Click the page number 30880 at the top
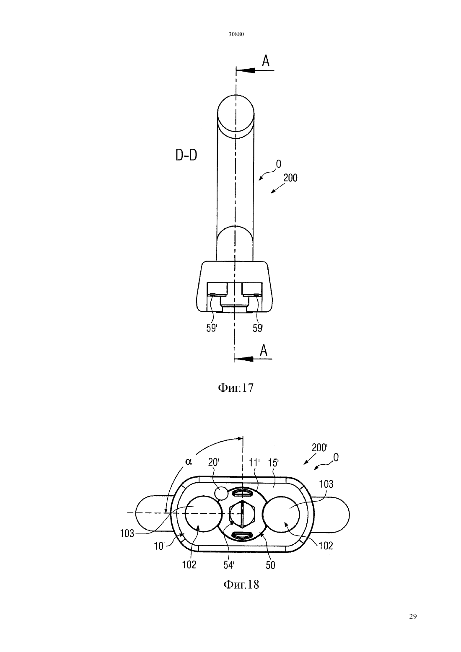236,34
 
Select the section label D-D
186,155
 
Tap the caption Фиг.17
236,388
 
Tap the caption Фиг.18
241,584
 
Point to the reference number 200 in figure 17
290,178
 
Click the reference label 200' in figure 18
319,455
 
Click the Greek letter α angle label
189,462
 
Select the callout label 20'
214,463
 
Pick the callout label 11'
254,463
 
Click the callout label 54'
229,565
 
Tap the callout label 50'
271,565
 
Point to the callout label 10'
159,546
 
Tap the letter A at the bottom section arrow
263,350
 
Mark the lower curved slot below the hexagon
242,535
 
